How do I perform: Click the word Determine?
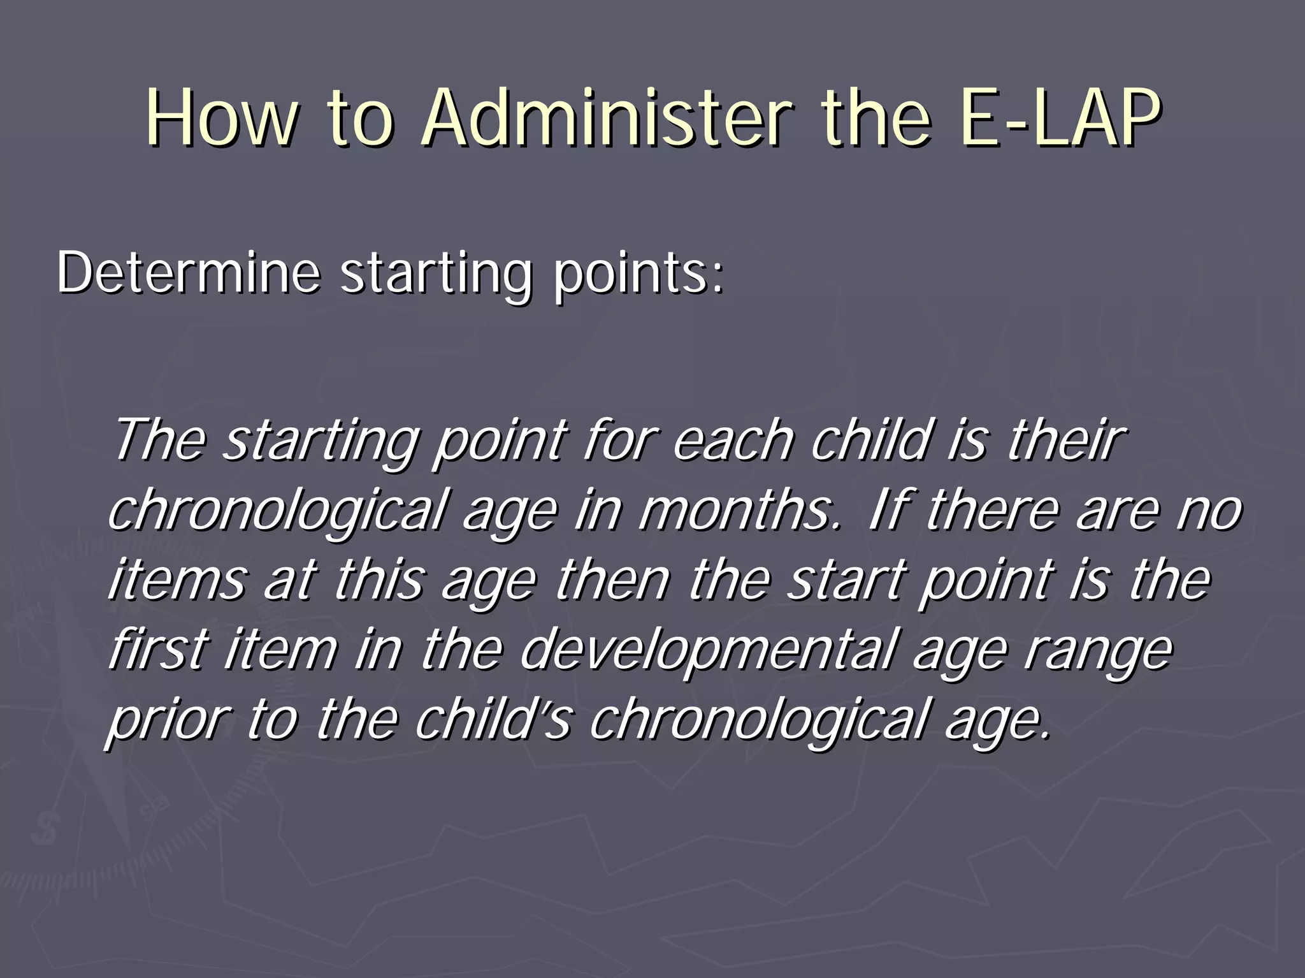point(188,273)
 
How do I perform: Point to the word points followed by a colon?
point(637,275)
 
